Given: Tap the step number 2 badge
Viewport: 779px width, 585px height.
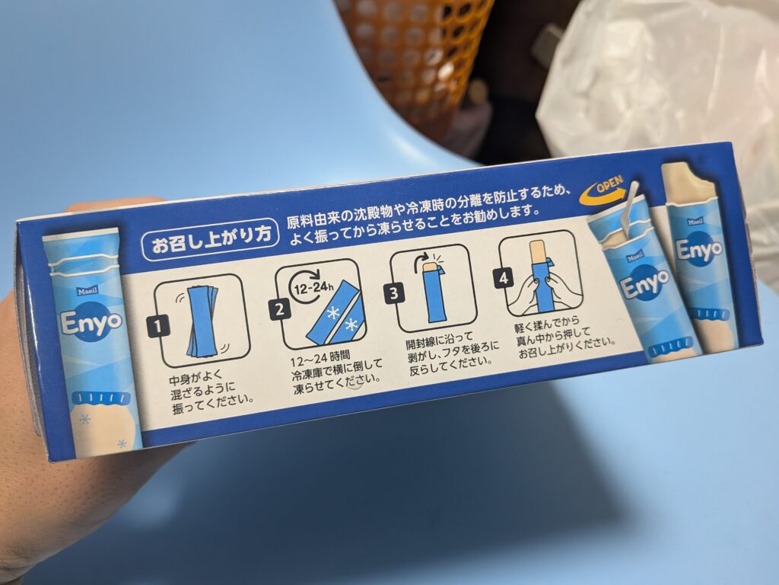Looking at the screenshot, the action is click(280, 309).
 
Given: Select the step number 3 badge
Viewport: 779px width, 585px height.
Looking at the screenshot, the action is click(393, 292).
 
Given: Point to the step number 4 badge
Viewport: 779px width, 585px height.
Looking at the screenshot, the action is click(504, 277).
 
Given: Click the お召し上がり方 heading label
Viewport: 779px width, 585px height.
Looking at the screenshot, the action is click(210, 239).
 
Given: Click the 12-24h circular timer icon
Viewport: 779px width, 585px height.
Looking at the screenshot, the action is click(306, 286).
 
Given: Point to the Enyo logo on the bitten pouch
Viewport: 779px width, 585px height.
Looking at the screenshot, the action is click(698, 249).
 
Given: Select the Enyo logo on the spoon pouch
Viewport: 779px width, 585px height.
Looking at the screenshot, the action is click(644, 285).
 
